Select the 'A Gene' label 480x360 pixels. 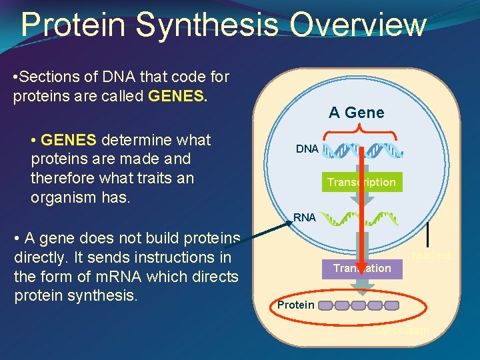356,113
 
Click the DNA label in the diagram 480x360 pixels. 307,149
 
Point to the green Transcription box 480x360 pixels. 361,182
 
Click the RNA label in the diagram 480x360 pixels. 305,217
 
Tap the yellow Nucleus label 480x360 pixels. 432,256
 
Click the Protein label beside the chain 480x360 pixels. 295,305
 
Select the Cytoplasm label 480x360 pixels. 402,331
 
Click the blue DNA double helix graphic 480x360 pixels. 363,151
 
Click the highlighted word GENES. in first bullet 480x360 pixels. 179,96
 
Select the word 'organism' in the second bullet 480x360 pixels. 61,197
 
